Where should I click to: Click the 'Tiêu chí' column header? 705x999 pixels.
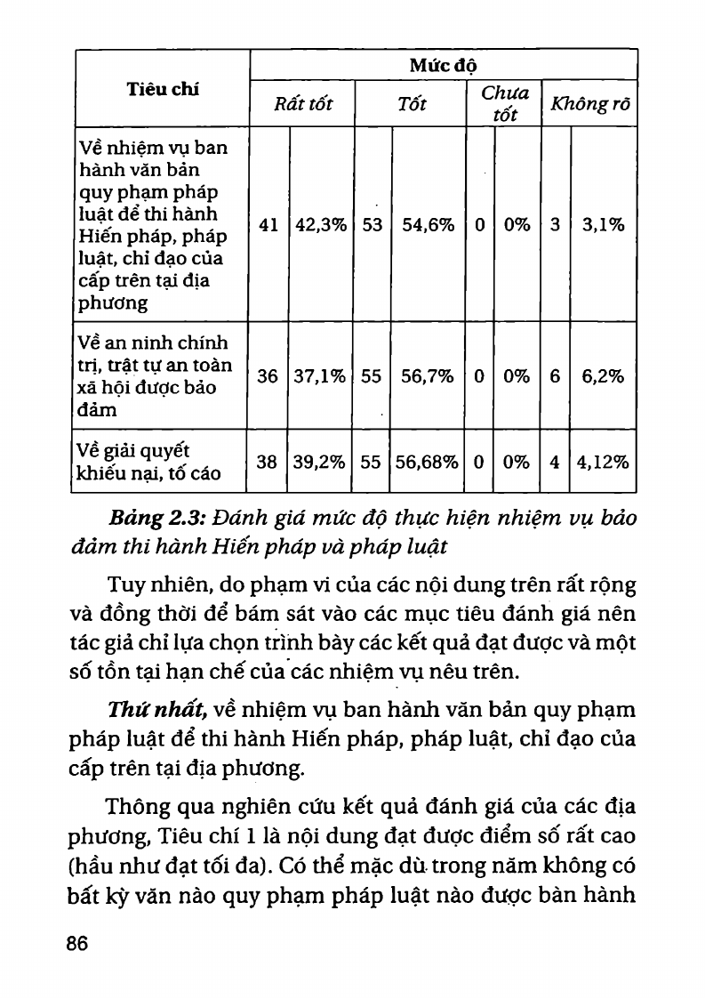tap(163, 89)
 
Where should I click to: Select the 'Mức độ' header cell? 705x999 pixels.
tap(443, 65)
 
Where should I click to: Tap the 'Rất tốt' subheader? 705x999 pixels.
tap(303, 104)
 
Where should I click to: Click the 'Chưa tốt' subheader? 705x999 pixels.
tap(504, 104)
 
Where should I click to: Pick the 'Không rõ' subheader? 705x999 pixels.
tap(590, 104)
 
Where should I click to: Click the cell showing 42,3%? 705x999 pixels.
tap(321, 225)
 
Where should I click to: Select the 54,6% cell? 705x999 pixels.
tap(429, 225)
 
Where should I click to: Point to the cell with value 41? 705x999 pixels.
tap(268, 225)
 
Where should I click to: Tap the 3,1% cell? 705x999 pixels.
tap(604, 225)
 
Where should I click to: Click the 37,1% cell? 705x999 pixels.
tap(321, 376)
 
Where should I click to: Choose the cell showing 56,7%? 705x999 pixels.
tap(429, 376)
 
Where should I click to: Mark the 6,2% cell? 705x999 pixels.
tap(604, 376)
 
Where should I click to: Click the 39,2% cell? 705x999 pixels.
tap(321, 462)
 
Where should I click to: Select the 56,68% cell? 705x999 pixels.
tap(429, 462)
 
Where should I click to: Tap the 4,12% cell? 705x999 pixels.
tap(604, 462)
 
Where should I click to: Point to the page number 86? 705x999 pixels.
tap(77, 944)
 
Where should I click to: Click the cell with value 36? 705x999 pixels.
tap(268, 376)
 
